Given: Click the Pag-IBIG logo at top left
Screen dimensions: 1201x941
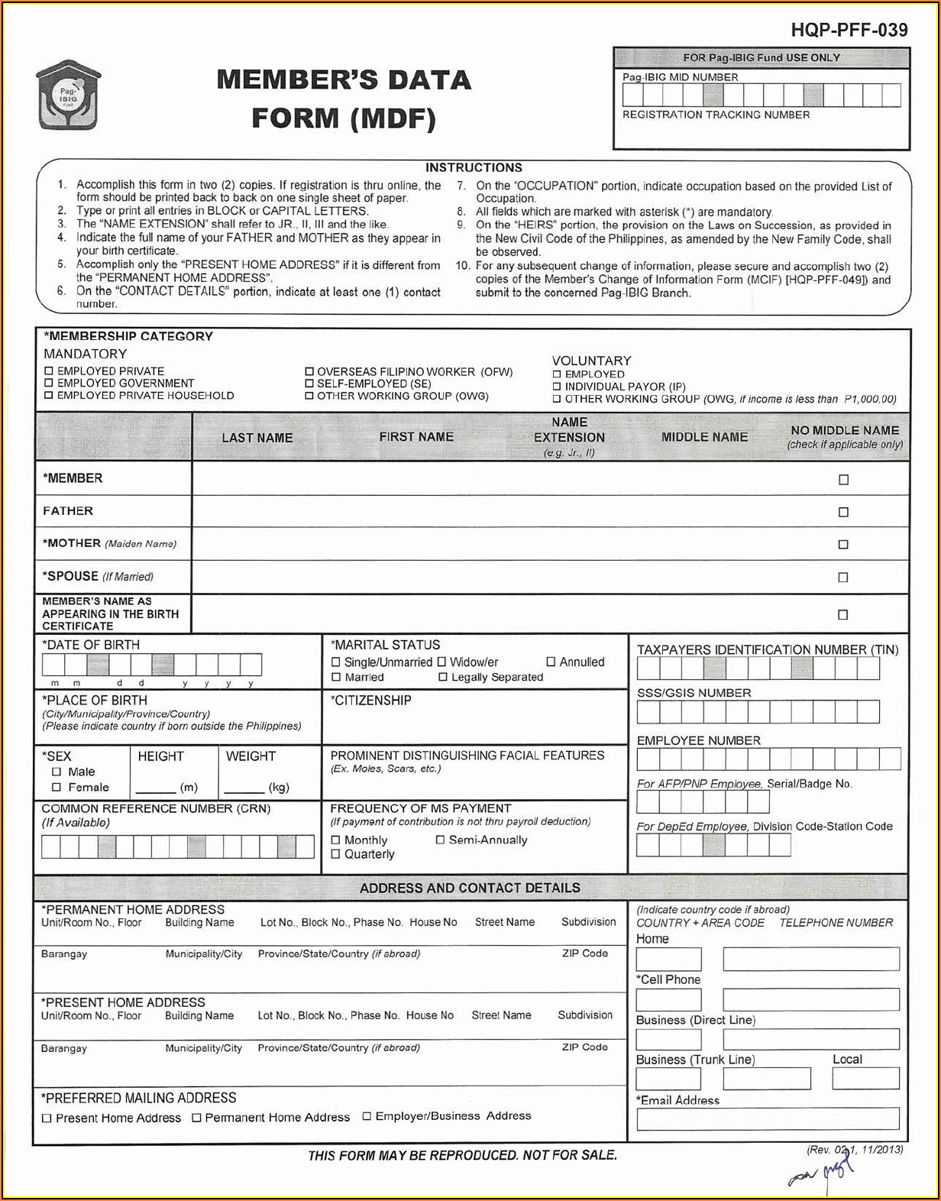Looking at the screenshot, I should [x=68, y=95].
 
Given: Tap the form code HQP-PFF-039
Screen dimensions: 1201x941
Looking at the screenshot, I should [x=849, y=31].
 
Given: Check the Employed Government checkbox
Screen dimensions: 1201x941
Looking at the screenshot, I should [x=49, y=383].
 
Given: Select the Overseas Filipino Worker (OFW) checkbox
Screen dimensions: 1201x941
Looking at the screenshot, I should [x=309, y=372].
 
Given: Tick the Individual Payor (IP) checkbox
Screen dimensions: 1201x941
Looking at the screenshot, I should [x=557, y=387].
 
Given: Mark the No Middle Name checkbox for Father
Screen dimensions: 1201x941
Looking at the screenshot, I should [x=843, y=512].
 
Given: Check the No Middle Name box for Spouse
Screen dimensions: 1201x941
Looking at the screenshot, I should [x=843, y=578].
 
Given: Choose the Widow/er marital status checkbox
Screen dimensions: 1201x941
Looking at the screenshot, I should [x=441, y=662].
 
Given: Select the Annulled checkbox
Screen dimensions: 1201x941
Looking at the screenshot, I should [x=551, y=662].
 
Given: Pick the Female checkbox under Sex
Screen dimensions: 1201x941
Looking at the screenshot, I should [x=57, y=787].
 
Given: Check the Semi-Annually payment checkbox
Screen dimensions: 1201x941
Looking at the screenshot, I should [x=440, y=840].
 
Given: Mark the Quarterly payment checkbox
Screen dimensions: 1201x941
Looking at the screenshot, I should [x=336, y=854].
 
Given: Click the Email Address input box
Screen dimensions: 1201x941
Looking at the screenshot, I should [x=767, y=1118].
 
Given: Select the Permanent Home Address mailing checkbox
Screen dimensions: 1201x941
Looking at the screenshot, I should [x=197, y=1118].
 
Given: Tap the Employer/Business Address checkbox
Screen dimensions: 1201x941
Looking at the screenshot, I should [x=367, y=1116].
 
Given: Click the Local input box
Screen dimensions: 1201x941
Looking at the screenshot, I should [x=865, y=1078].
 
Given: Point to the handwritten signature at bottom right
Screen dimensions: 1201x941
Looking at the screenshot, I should [x=822, y=1173].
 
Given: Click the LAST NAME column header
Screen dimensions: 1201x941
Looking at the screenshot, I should [x=257, y=438].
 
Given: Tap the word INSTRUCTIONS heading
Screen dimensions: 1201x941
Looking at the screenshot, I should [x=474, y=167].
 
